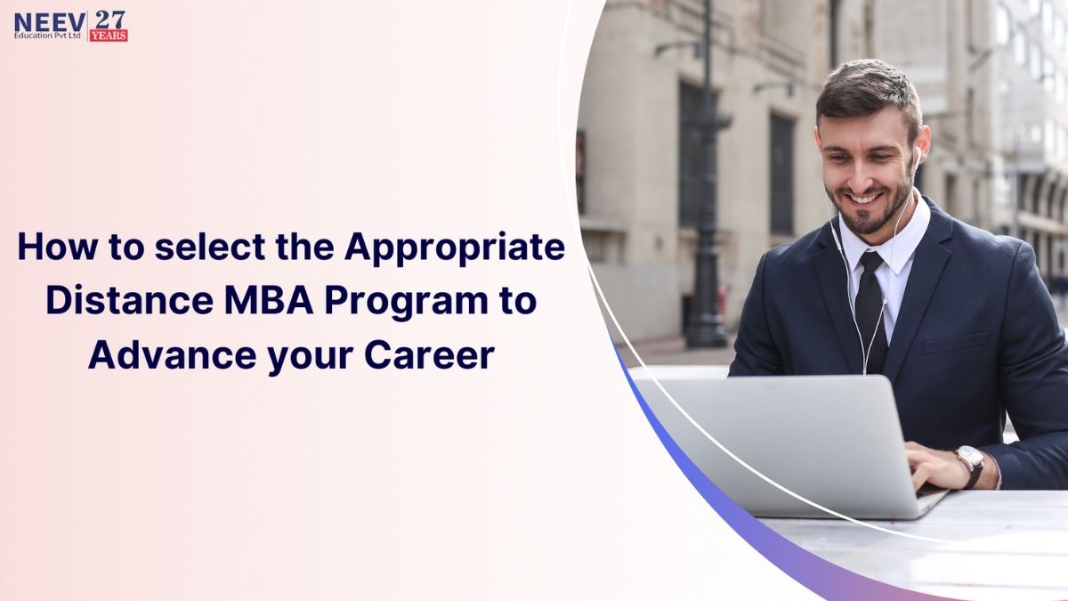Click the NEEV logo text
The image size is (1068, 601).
click(50, 21)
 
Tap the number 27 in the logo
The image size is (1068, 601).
click(109, 20)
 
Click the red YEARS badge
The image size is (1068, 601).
click(109, 37)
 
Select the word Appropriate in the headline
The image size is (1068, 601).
click(455, 249)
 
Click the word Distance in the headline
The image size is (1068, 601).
click(130, 302)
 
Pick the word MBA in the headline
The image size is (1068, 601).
click(269, 302)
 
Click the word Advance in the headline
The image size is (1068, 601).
click(173, 356)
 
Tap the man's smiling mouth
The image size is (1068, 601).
click(865, 198)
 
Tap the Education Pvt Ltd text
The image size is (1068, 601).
click(48, 36)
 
